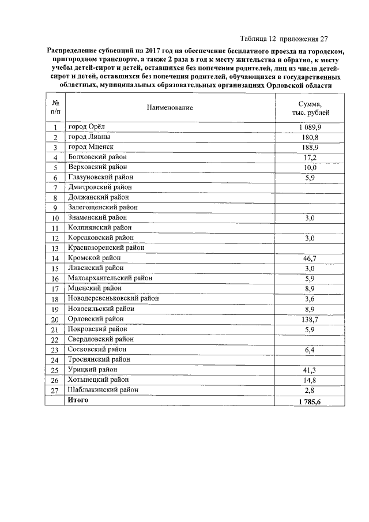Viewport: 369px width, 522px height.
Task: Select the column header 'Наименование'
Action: [x=170, y=107]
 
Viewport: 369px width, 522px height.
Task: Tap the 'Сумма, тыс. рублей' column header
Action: [x=310, y=107]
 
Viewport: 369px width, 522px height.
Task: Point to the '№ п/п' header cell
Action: [x=55, y=107]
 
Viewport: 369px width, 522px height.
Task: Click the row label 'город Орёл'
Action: [x=88, y=127]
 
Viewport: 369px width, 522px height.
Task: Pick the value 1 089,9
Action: [x=310, y=127]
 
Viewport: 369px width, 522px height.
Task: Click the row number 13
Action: [x=55, y=248]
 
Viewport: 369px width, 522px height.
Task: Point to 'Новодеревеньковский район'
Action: [x=114, y=299]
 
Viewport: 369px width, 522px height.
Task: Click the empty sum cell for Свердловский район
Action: [x=310, y=339]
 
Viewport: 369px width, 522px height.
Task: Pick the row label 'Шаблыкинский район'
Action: [x=103, y=390]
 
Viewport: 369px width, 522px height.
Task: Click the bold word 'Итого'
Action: [x=78, y=400]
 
